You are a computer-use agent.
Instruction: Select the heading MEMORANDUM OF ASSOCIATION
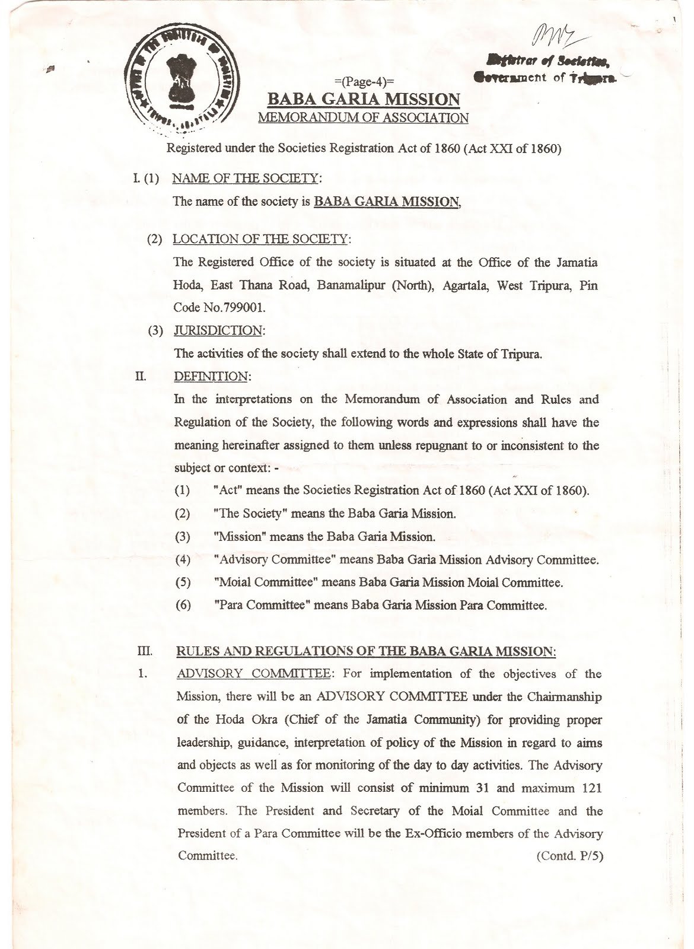click(x=363, y=117)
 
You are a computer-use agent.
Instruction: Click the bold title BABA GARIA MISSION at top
click(x=363, y=99)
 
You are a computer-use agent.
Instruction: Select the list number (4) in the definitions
click(x=183, y=559)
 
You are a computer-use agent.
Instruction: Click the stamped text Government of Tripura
click(x=546, y=77)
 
